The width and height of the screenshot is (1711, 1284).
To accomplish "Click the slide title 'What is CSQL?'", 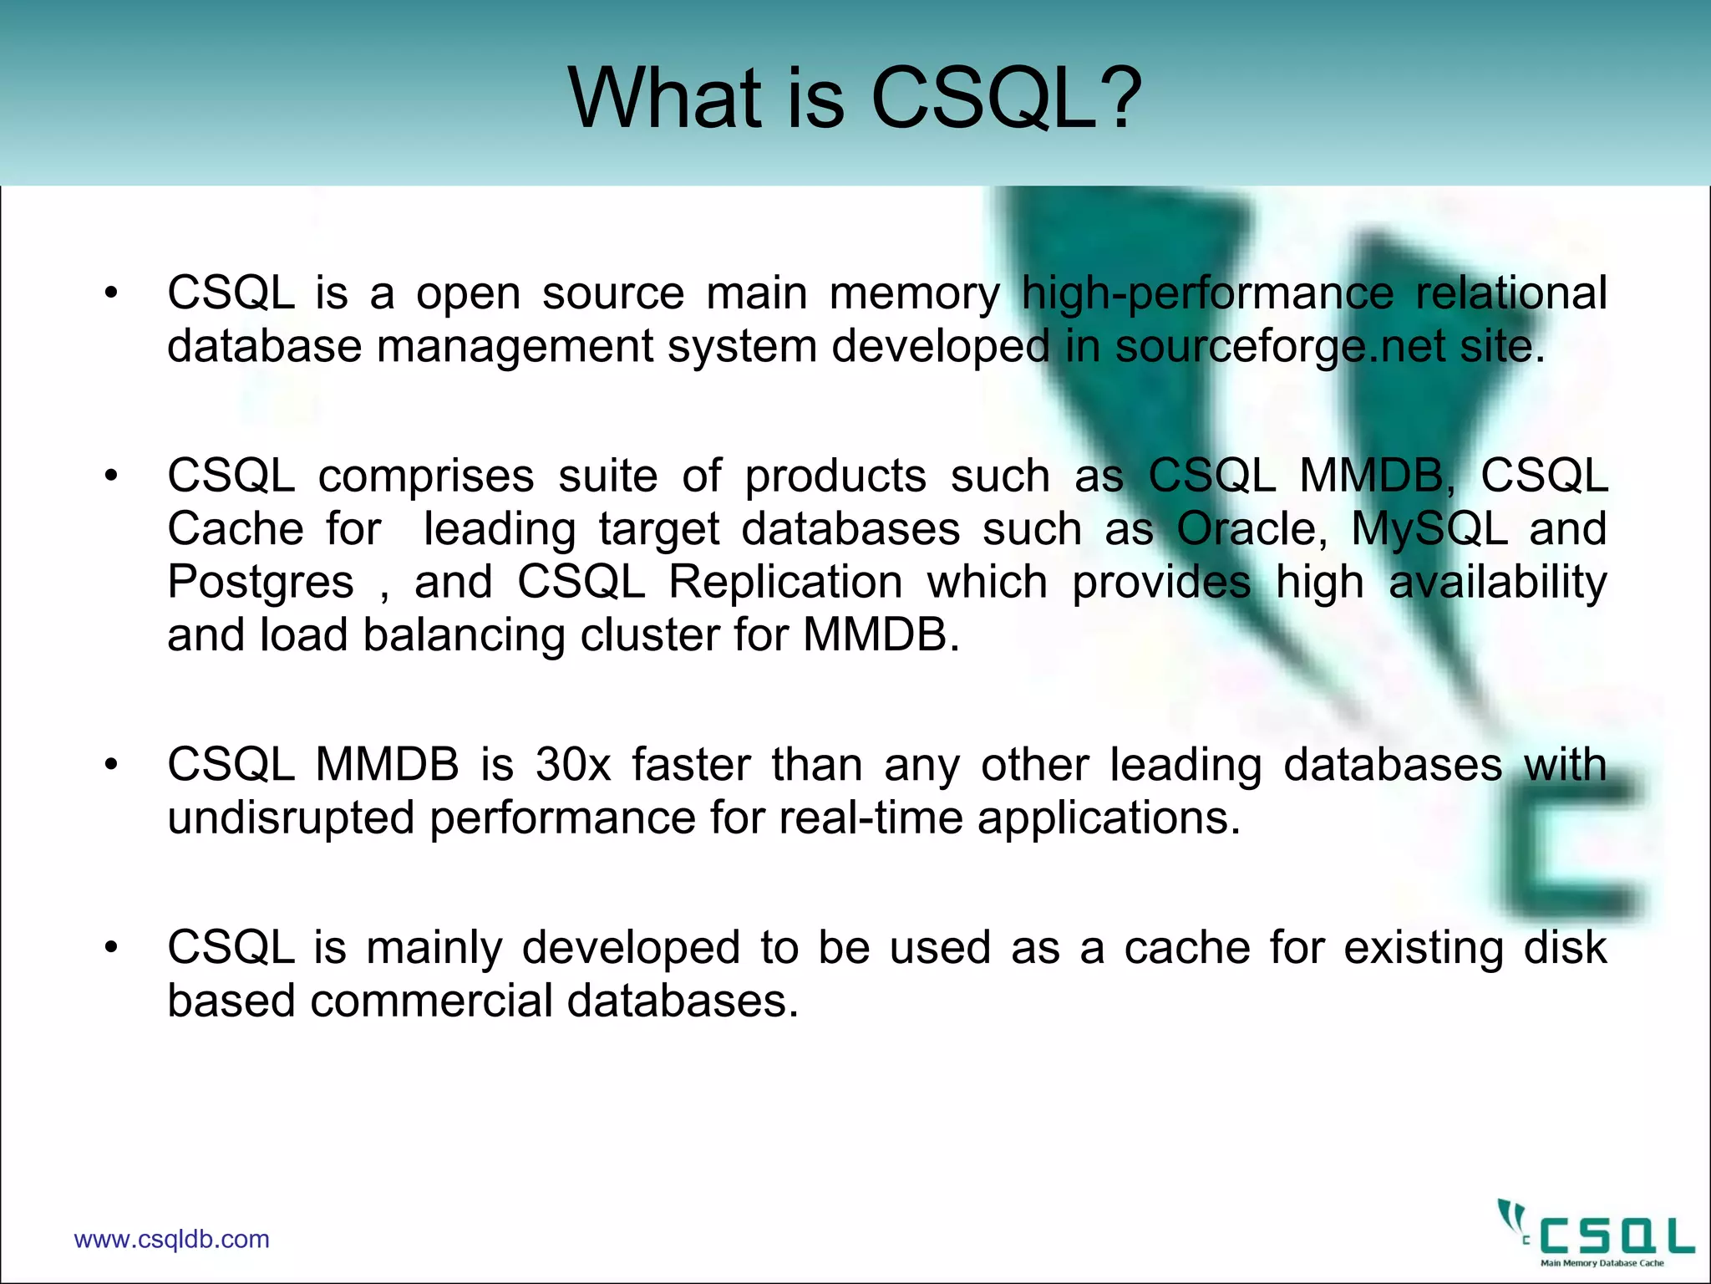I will pyautogui.click(x=855, y=99).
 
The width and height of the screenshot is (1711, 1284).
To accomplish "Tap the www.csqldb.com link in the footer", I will pyautogui.click(x=171, y=1239).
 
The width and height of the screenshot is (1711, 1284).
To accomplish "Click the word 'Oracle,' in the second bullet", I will pyautogui.click(x=1252, y=529).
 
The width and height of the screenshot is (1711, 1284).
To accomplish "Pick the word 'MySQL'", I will pyautogui.click(x=1429, y=529).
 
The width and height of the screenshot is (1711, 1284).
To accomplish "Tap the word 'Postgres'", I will pyautogui.click(x=261, y=583).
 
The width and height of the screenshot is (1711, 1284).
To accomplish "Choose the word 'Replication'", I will pyautogui.click(x=785, y=582).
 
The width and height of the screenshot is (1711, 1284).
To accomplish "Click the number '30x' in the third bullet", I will pyautogui.click(x=573, y=764).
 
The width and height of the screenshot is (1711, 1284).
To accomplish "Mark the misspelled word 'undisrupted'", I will pyautogui.click(x=291, y=818).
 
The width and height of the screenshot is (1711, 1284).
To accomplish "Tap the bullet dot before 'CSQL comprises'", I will pyautogui.click(x=111, y=476).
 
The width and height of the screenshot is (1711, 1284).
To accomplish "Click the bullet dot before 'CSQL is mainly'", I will pyautogui.click(x=111, y=948).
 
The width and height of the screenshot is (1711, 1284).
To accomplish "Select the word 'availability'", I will pyautogui.click(x=1497, y=582).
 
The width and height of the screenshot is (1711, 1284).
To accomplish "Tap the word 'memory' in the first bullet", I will pyautogui.click(x=914, y=293).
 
